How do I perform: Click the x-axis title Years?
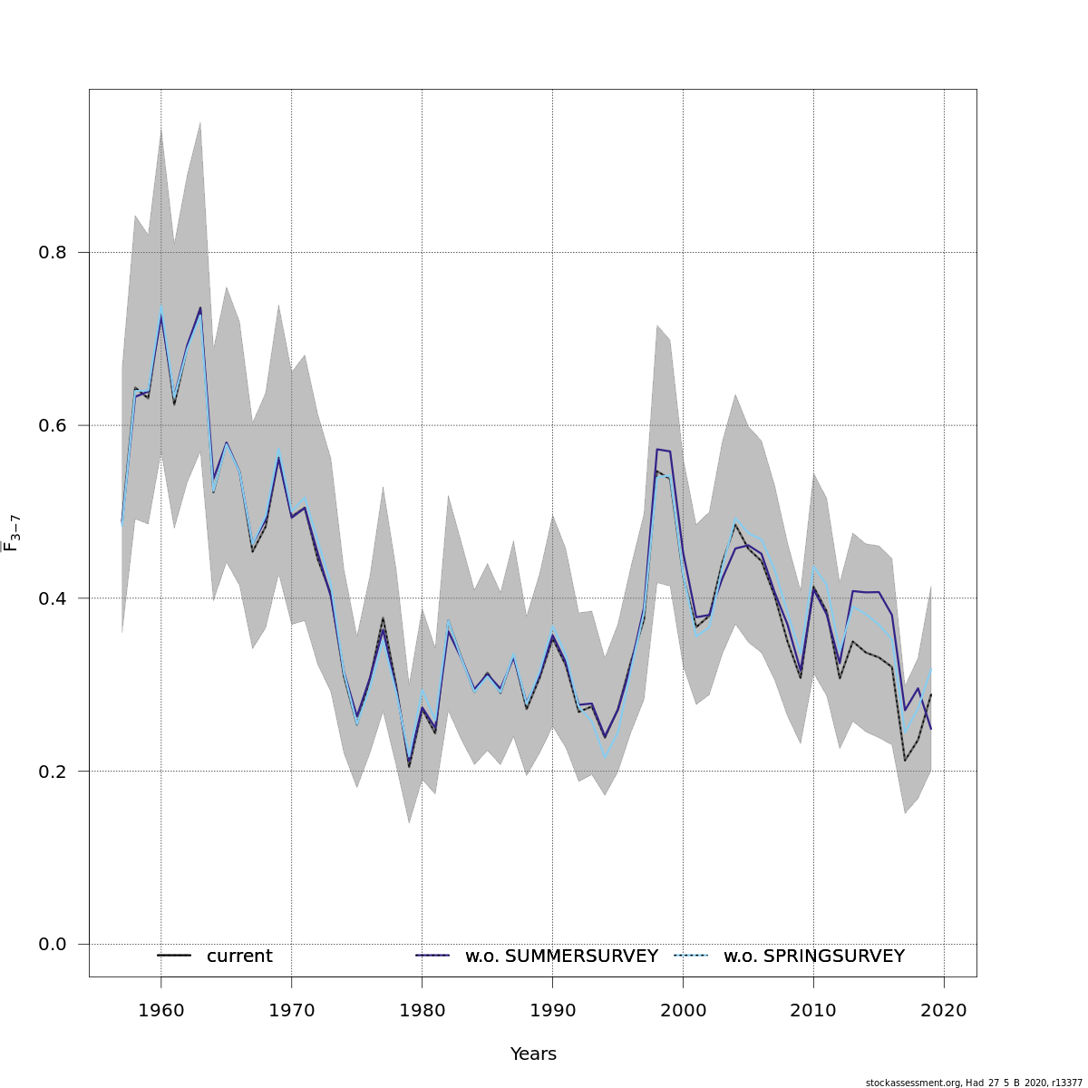click(x=533, y=1054)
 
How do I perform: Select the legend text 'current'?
click(x=239, y=957)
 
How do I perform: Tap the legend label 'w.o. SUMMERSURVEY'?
click(x=561, y=957)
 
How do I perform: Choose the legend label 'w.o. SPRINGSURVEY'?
click(x=813, y=957)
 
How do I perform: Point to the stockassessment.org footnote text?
click(x=974, y=1083)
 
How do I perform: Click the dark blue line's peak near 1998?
click(x=657, y=449)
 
